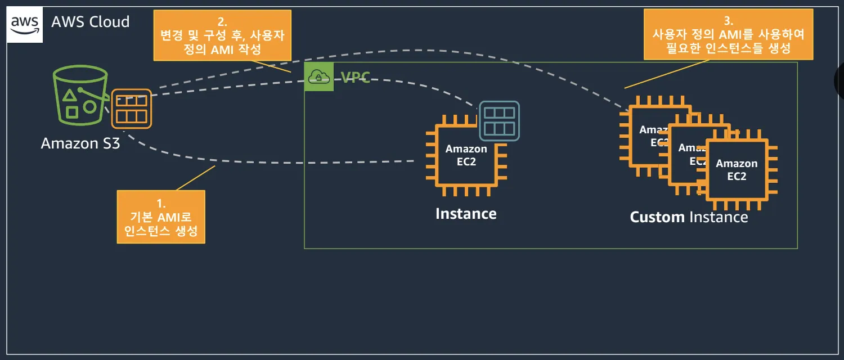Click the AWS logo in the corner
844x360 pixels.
25,25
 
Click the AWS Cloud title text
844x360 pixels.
91,22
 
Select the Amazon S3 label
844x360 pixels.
80,143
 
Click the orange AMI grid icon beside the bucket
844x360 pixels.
132,109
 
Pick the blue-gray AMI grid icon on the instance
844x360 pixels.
499,121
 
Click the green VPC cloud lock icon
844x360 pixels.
319,76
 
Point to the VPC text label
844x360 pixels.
356,78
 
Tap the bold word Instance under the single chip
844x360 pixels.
466,214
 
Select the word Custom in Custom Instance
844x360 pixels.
657,217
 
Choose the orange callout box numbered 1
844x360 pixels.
161,217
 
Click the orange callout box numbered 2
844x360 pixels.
222,35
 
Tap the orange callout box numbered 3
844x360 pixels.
728,35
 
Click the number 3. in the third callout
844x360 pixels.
728,21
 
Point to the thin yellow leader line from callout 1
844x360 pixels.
196,178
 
